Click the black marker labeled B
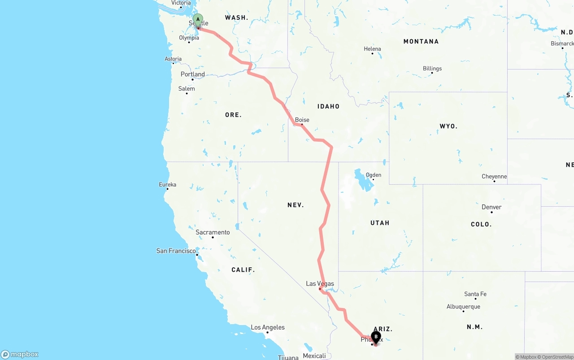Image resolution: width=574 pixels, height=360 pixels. click(376, 337)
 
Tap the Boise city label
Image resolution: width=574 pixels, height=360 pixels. click(302, 120)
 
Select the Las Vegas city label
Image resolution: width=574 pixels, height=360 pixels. click(320, 283)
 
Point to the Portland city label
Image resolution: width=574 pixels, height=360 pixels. click(192, 74)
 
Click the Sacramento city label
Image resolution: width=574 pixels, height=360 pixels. click(213, 232)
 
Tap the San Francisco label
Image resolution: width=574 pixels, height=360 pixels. click(176, 251)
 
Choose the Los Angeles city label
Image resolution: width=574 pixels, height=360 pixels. click(268, 327)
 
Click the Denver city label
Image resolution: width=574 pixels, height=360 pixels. click(491, 207)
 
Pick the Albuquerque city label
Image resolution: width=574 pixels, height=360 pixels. click(463, 307)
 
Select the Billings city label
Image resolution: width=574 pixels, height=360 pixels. click(432, 69)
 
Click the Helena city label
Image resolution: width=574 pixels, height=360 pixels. click(372, 49)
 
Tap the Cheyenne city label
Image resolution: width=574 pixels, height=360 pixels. click(494, 177)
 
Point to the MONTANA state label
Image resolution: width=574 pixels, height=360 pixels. click(421, 41)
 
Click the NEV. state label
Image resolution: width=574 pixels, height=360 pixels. click(296, 205)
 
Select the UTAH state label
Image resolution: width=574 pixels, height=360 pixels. click(380, 223)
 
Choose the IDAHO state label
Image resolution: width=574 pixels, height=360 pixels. click(328, 106)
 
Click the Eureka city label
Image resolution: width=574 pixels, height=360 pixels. click(167, 185)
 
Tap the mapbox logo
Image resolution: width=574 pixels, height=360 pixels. click(20, 354)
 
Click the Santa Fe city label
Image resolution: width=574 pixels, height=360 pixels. click(475, 294)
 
